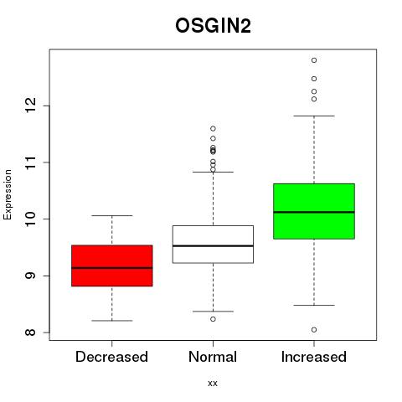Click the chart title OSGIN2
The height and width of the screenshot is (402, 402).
pyautogui.click(x=213, y=26)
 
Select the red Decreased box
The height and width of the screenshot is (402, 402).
pyautogui.click(x=112, y=265)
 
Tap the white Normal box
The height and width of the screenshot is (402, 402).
pyautogui.click(x=213, y=245)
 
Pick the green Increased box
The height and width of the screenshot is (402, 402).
pyautogui.click(x=314, y=211)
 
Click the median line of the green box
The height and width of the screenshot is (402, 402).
pyautogui.click(x=314, y=212)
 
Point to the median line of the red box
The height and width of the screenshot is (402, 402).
pyautogui.click(x=112, y=268)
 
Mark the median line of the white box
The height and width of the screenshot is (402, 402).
pyautogui.click(x=213, y=246)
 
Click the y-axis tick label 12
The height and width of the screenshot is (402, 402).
pyautogui.click(x=30, y=106)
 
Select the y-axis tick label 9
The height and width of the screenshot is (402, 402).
pyautogui.click(x=30, y=276)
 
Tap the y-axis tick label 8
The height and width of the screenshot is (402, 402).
pyautogui.click(x=30, y=332)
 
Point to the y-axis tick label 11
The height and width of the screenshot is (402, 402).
pyautogui.click(x=30, y=162)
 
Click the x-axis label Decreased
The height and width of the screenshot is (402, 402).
pyautogui.click(x=111, y=357)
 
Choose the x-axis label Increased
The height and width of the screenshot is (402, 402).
pyautogui.click(x=314, y=357)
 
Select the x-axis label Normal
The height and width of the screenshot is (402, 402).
pyautogui.click(x=213, y=357)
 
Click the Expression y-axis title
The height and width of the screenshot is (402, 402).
pyautogui.click(x=8, y=194)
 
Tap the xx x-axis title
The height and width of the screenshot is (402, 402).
pyautogui.click(x=213, y=384)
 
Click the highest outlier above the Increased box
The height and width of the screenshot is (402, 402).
pyautogui.click(x=314, y=60)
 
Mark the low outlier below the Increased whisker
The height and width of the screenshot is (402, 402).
pyautogui.click(x=314, y=330)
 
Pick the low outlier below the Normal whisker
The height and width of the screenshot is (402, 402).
pyautogui.click(x=213, y=319)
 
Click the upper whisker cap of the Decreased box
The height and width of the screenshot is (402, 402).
pyautogui.click(x=112, y=215)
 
